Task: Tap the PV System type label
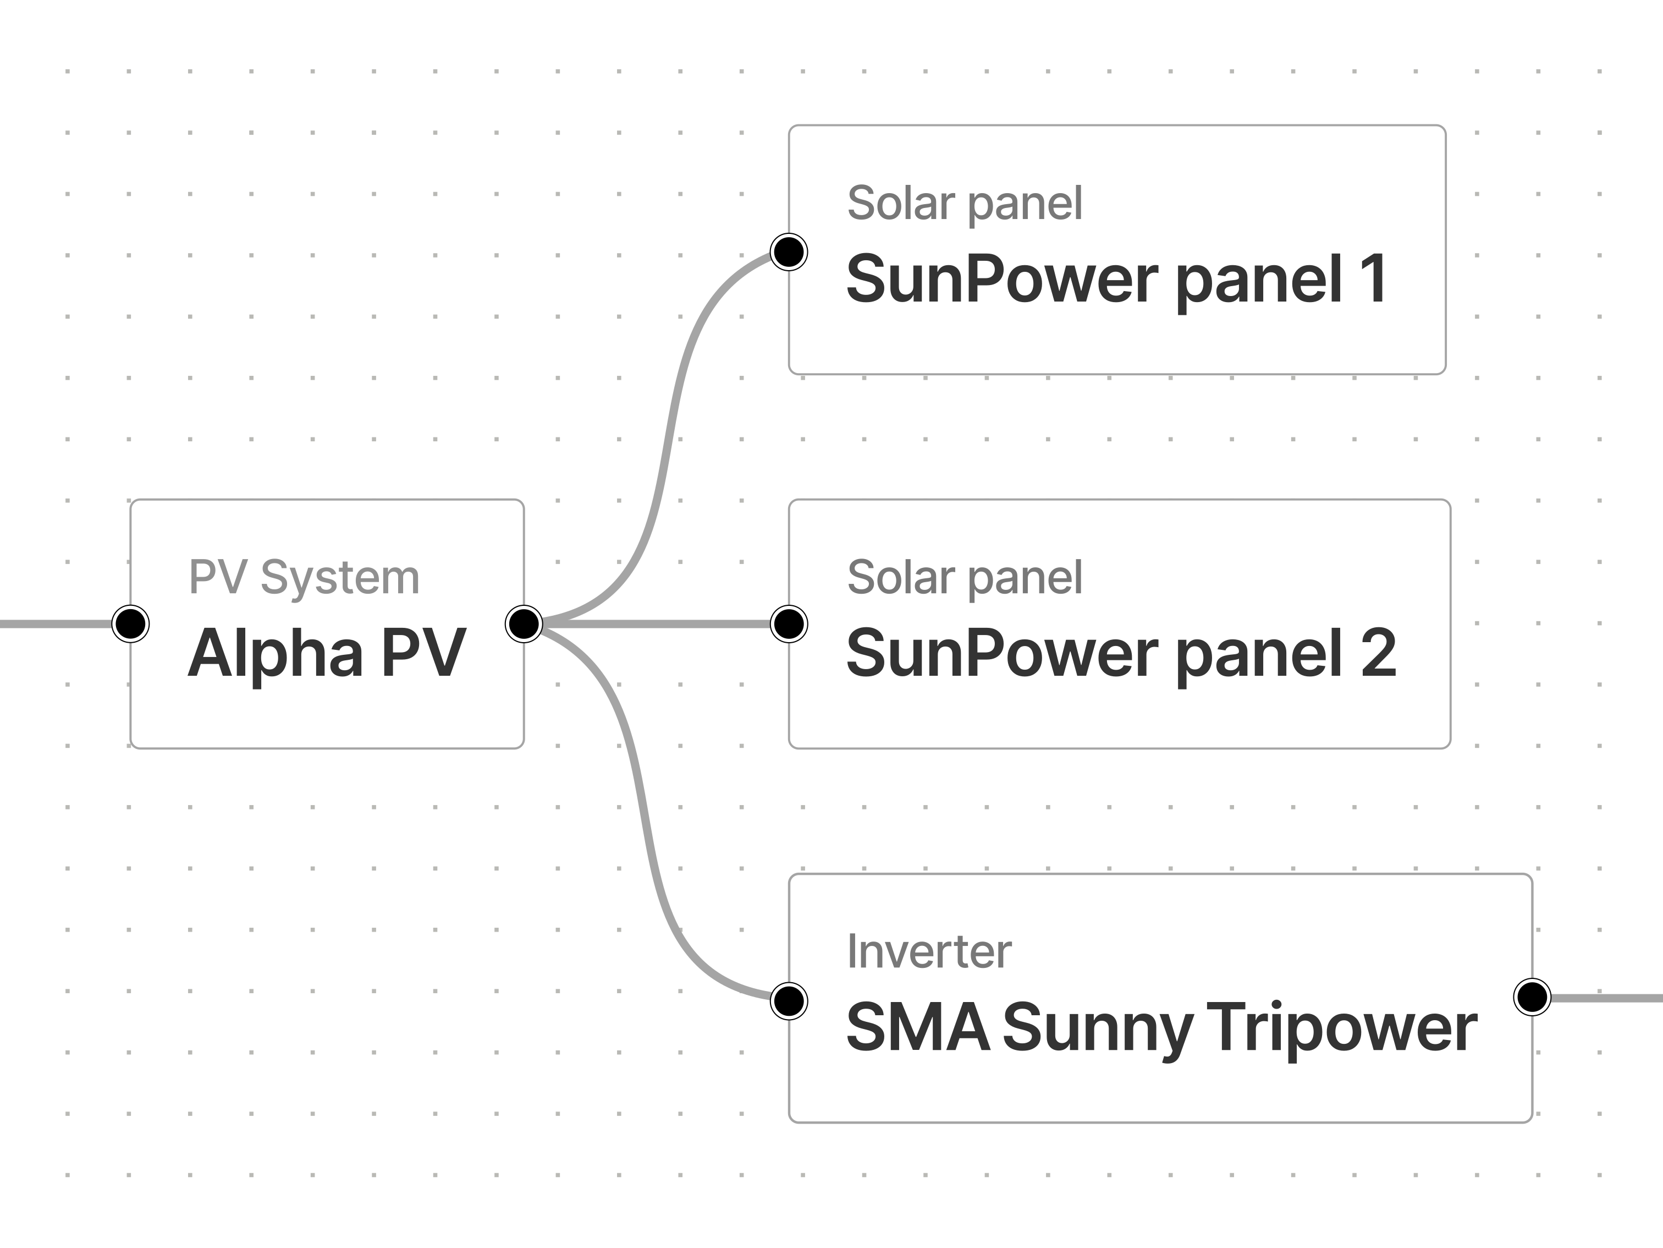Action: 304,578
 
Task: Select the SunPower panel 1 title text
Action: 1116,279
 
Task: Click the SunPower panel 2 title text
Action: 1120,653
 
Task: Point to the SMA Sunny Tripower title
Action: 1161,1027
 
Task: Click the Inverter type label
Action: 929,951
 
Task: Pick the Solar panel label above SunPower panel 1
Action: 965,203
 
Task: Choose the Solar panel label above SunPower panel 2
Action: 965,578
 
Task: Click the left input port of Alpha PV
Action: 131,623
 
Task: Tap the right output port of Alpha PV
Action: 524,623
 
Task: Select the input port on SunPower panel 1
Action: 789,251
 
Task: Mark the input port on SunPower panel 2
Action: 789,623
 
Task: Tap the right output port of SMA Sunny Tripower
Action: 1532,998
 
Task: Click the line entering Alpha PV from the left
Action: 53,623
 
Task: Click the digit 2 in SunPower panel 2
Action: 1378,653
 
